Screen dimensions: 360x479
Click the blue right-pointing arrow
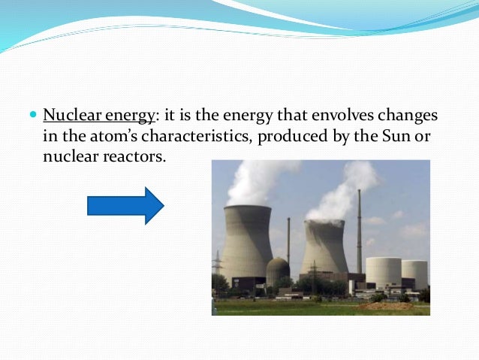[x=125, y=205]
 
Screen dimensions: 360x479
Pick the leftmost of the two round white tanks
[x=383, y=272]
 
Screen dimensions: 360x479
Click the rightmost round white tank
[x=414, y=274]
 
